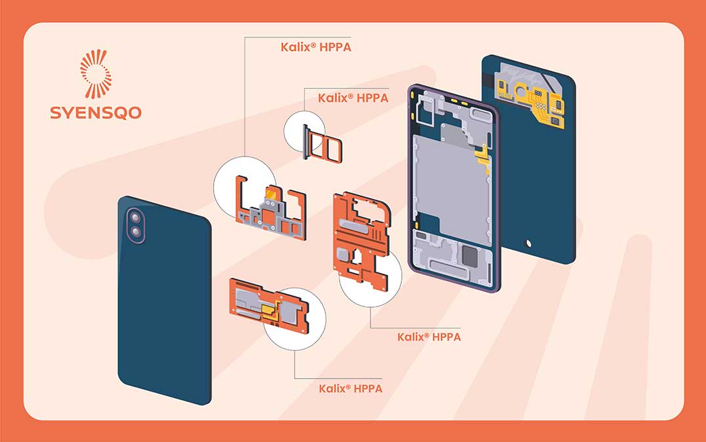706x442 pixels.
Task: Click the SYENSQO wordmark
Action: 96,112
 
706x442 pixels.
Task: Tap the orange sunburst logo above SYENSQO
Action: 96,73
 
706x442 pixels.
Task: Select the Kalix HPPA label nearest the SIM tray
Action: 353,98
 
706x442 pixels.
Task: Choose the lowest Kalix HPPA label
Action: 350,388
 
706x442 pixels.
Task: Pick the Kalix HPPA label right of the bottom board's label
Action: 429,337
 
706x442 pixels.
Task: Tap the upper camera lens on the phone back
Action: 136,217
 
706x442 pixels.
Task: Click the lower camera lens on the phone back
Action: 136,232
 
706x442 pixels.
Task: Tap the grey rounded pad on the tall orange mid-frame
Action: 344,254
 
